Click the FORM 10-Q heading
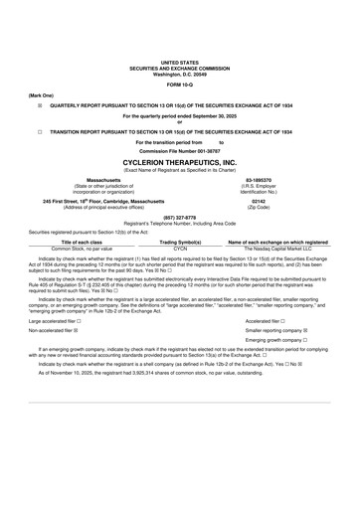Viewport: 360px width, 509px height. [179, 83]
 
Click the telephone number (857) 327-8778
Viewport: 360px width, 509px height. [179, 217]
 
